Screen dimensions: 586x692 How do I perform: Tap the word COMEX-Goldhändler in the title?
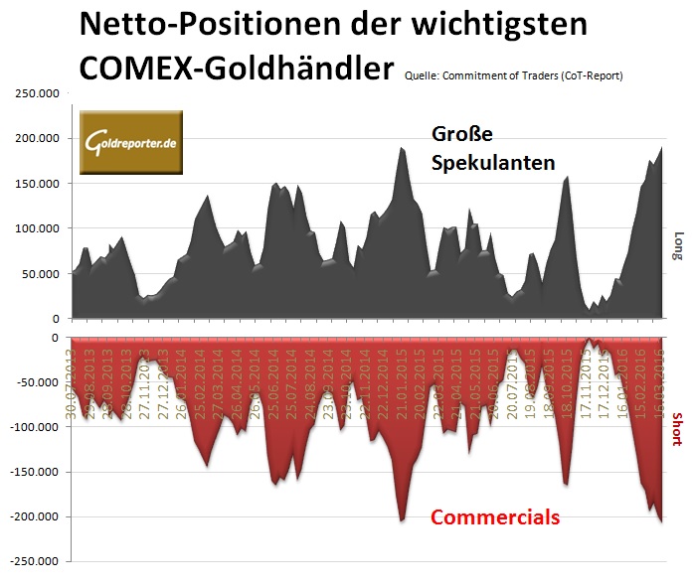pyautogui.click(x=235, y=69)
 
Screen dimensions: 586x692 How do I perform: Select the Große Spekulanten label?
pyautogui.click(x=493, y=148)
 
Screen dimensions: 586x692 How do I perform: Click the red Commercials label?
pyautogui.click(x=494, y=516)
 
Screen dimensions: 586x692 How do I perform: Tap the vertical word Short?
pyautogui.click(x=678, y=427)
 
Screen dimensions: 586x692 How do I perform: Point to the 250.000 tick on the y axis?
pyautogui.click(x=36, y=93)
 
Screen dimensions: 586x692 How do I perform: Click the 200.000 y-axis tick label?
pyautogui.click(x=36, y=138)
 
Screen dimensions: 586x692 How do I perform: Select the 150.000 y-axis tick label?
pyautogui.click(x=36, y=184)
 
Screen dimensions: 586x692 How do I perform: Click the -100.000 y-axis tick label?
pyautogui.click(x=34, y=427)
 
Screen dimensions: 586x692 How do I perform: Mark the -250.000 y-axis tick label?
pyautogui.click(x=34, y=561)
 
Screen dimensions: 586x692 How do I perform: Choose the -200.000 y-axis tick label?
pyautogui.click(x=34, y=516)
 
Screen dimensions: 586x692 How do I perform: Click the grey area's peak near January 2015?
pyautogui.click(x=402, y=148)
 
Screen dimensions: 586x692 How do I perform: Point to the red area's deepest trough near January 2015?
pyautogui.click(x=402, y=520)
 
